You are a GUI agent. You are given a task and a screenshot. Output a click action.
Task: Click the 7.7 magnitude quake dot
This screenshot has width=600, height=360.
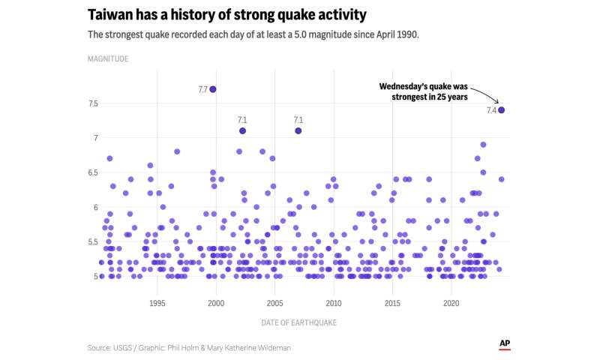[213, 89]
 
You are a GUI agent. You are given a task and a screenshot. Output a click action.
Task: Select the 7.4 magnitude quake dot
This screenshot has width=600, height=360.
[501, 110]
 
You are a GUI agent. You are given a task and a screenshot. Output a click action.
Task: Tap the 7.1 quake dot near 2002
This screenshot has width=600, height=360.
[242, 131]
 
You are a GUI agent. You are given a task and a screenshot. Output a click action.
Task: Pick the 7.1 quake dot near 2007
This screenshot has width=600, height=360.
[298, 131]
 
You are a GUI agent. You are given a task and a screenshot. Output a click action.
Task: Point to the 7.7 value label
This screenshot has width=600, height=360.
[202, 90]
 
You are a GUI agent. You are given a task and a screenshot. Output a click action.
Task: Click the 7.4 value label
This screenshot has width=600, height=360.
[491, 111]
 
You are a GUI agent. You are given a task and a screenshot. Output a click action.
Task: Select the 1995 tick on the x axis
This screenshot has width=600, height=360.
[157, 303]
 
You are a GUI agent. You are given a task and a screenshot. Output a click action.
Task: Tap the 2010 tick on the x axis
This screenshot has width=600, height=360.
[334, 303]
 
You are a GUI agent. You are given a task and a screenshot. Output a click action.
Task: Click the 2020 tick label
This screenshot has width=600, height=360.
[451, 303]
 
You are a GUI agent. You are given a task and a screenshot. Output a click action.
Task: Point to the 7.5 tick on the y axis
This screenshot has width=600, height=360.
[94, 103]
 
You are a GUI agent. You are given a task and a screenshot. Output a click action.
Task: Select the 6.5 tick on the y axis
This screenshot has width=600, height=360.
[94, 172]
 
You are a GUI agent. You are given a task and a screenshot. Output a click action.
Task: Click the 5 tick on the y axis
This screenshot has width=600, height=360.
[96, 277]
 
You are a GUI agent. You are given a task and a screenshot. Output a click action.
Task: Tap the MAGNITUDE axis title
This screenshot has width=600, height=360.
[107, 58]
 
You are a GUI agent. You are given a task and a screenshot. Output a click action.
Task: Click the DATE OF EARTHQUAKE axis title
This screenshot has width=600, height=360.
[299, 322]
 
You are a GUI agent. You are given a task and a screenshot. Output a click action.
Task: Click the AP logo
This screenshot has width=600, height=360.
[505, 344]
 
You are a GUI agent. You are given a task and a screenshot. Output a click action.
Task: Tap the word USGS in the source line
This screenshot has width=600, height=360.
[124, 348]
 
